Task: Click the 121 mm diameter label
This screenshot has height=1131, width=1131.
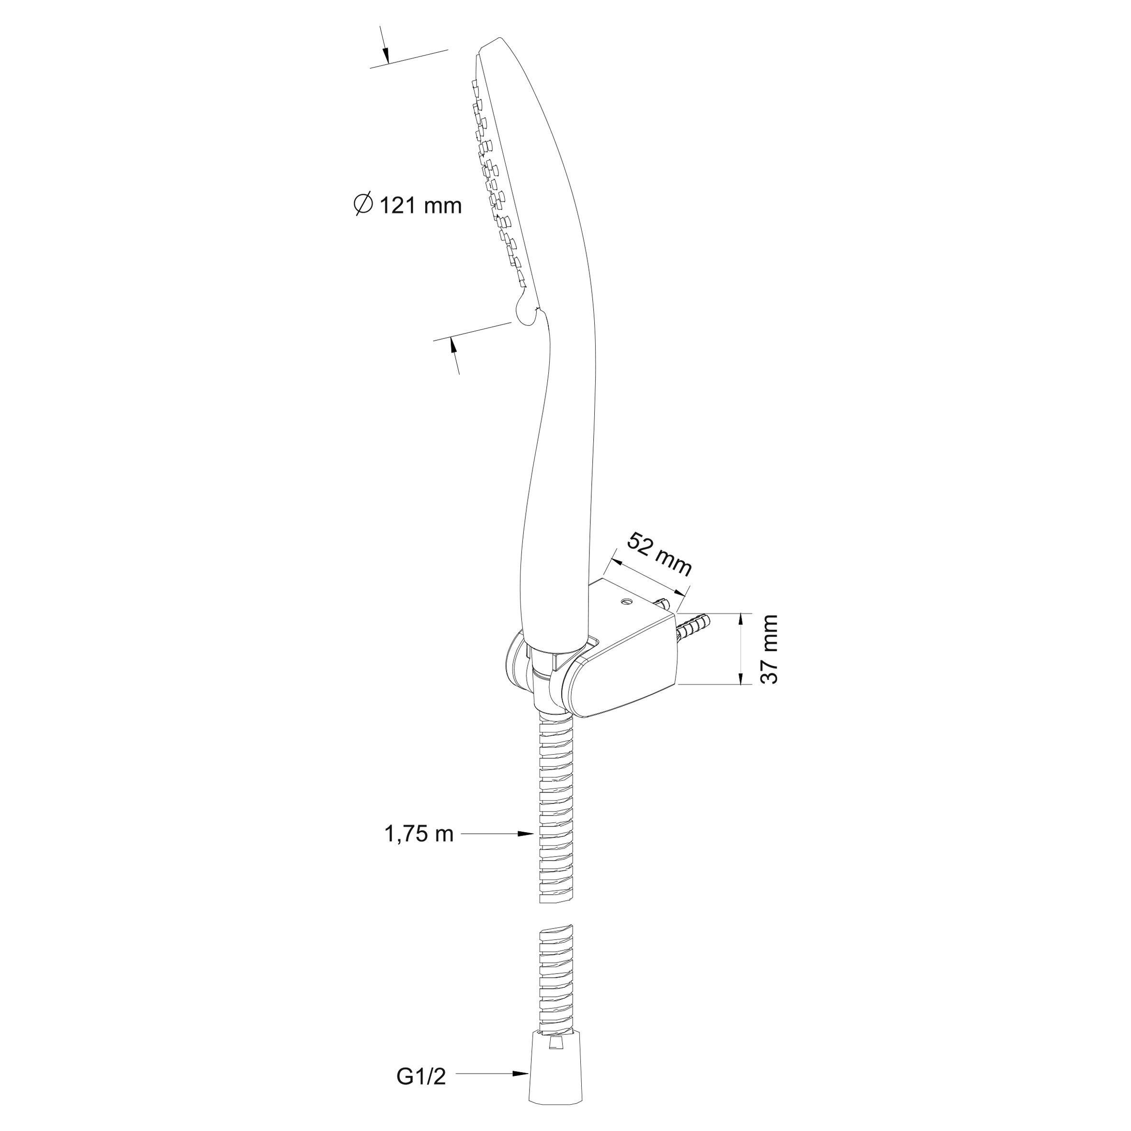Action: click(x=408, y=205)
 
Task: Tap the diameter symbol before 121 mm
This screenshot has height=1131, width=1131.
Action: click(x=363, y=204)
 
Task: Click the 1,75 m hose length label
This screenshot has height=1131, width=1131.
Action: click(x=419, y=834)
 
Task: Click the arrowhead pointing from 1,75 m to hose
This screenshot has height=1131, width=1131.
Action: click(x=526, y=834)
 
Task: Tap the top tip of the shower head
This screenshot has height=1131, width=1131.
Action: click(x=500, y=39)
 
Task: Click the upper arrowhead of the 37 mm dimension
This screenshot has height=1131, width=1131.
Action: click(x=742, y=621)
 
